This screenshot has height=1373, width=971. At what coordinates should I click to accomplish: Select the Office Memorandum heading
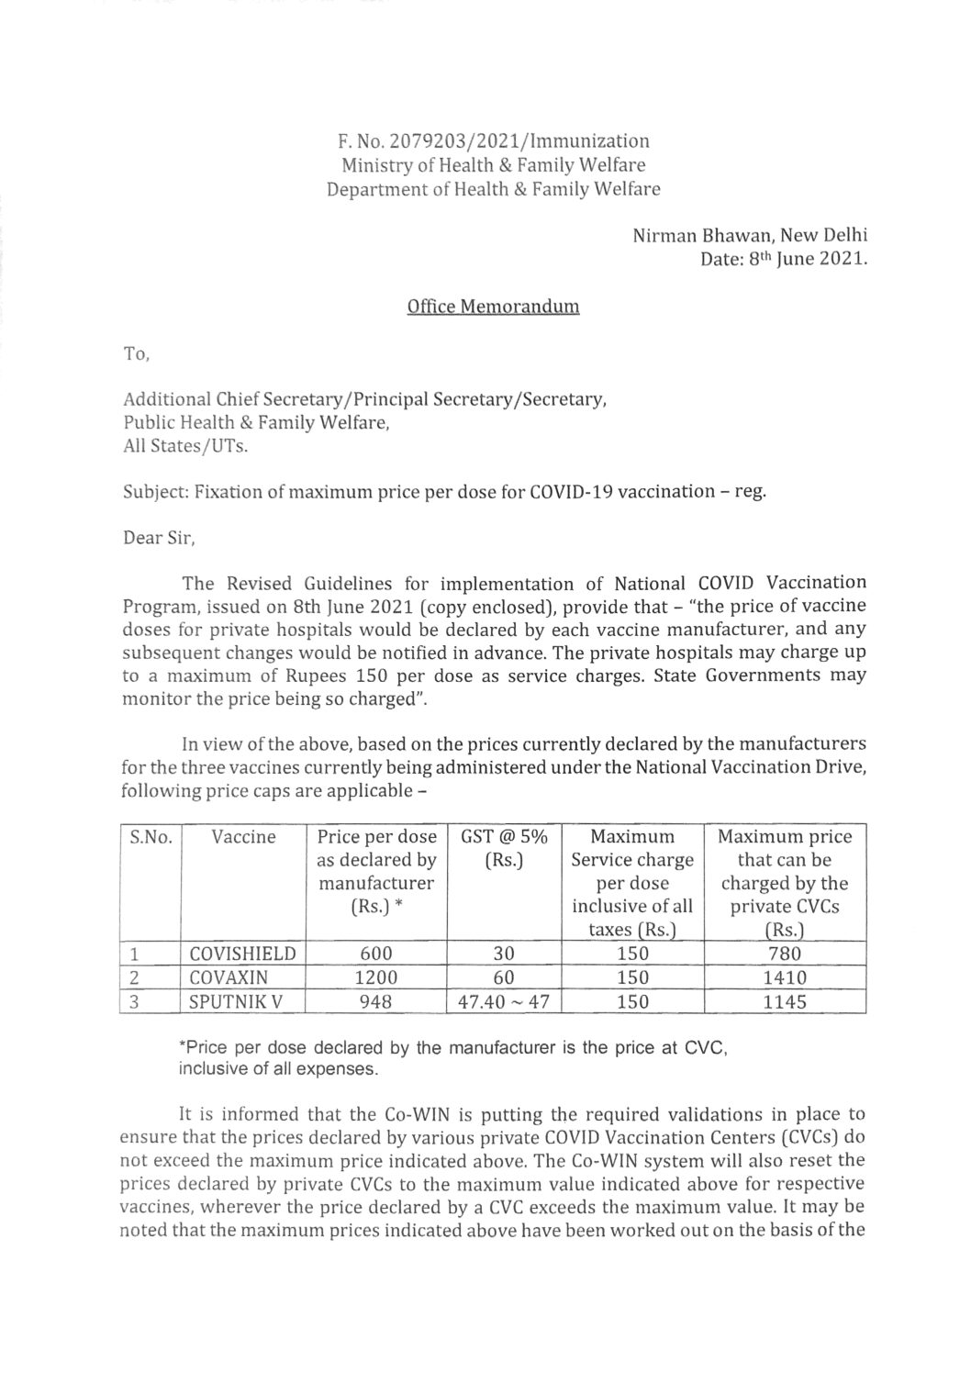493,307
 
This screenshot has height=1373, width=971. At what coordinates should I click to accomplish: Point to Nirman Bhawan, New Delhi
750,235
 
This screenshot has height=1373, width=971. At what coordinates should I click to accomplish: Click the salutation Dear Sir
159,538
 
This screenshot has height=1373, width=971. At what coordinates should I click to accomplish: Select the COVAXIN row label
226,978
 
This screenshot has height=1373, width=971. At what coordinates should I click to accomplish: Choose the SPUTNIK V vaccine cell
229,1002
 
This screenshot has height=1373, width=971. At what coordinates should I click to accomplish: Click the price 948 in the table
376,1002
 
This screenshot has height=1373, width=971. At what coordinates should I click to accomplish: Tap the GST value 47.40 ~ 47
503,1002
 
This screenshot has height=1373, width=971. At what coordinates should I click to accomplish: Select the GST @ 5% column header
503,837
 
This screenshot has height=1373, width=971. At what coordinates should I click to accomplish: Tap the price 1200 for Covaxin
376,978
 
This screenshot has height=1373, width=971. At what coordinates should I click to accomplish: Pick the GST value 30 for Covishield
503,954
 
